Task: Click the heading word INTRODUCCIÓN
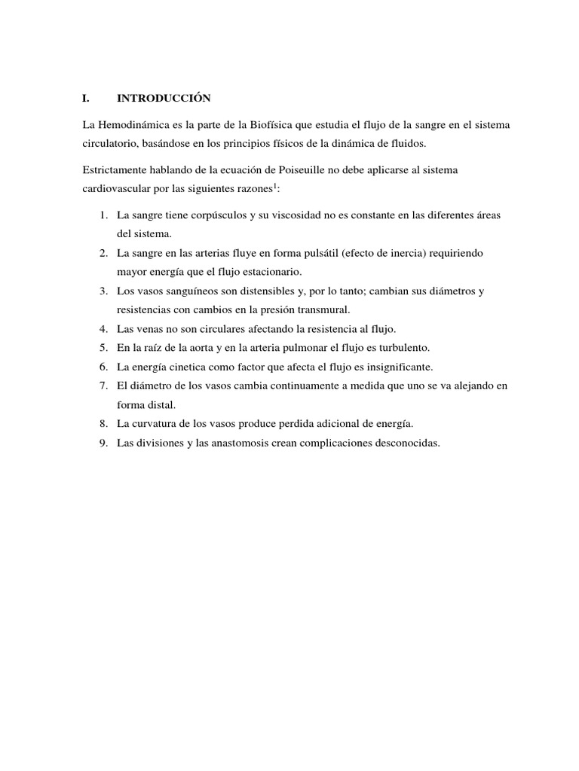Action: (x=164, y=98)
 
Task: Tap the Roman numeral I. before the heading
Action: (x=86, y=98)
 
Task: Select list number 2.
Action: (x=103, y=253)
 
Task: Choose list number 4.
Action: (x=103, y=329)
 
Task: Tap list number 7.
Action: (x=103, y=385)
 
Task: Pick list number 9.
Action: (x=103, y=443)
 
